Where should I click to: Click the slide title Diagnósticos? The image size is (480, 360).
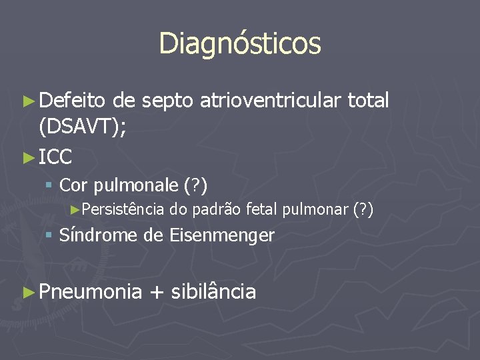(x=240, y=43)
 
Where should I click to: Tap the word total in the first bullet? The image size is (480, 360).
(x=369, y=101)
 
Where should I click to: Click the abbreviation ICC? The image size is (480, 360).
(x=55, y=157)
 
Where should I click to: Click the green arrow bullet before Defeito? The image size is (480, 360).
(x=28, y=101)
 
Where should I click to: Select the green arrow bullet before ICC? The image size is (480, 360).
(x=28, y=158)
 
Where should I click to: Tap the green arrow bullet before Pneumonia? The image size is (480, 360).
(x=28, y=292)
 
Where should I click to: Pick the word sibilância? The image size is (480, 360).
(x=213, y=292)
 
